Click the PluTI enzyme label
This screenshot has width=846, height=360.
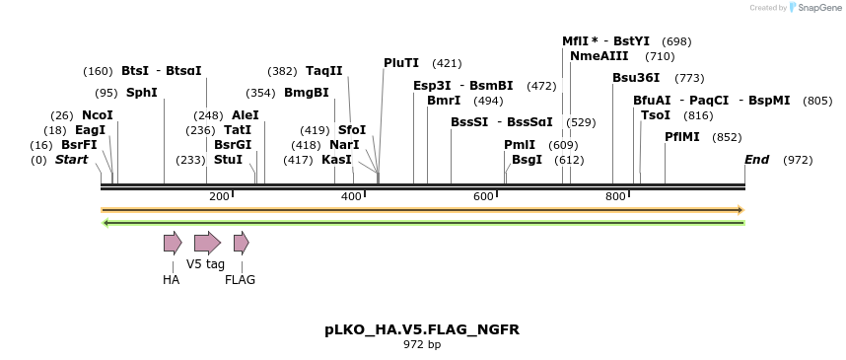coord(401,63)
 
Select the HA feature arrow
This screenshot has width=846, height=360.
coord(173,243)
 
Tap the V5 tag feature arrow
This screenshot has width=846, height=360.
coord(207,243)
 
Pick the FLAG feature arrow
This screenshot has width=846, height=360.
coord(241,243)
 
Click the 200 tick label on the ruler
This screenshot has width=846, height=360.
coord(219,197)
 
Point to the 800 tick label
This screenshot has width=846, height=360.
coord(615,197)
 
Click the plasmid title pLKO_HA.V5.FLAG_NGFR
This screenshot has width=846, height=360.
coord(422,329)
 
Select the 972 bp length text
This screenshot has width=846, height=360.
coord(422,345)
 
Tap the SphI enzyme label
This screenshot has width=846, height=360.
coord(142,93)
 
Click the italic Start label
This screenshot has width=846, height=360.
coord(71,160)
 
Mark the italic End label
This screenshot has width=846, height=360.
coord(757,160)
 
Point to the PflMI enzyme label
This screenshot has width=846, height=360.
coord(682,137)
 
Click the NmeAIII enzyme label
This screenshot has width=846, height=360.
coord(599,56)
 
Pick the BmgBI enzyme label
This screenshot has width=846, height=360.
coord(307,93)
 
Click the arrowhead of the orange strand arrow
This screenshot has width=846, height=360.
coord(739,210)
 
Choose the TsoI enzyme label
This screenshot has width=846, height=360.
coord(656,115)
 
